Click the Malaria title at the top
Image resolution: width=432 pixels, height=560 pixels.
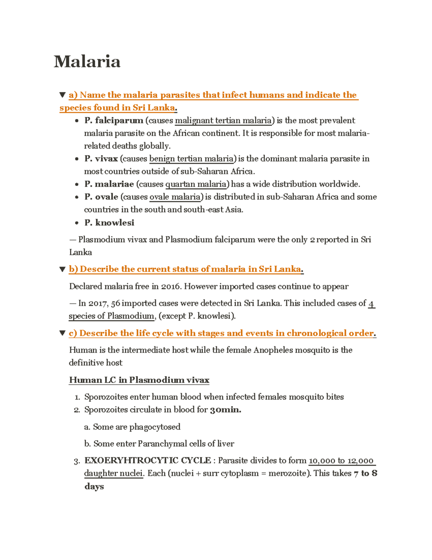pos(87,62)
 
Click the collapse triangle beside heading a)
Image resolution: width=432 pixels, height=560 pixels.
pos(62,95)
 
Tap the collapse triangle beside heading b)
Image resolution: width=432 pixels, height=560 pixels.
pos(62,269)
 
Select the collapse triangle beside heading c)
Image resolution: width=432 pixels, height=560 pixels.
pos(62,333)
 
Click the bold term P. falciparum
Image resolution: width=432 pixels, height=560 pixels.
pos(114,120)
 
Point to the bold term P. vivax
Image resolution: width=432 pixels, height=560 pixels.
pos(101,159)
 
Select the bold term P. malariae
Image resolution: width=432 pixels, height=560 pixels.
pos(109,184)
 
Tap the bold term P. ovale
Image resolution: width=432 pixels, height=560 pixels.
pos(101,197)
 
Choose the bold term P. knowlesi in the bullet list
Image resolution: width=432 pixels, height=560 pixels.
pos(109,223)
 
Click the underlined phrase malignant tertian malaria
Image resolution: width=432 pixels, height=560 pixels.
pos(223,120)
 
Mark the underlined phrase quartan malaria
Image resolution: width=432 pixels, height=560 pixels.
pos(196,184)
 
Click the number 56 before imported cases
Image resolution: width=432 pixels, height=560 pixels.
pos(116,303)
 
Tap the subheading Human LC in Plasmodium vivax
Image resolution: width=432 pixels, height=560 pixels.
pos(139,380)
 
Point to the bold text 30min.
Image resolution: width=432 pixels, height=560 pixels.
pos(225,410)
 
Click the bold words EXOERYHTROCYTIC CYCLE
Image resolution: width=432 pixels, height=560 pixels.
pos(148,460)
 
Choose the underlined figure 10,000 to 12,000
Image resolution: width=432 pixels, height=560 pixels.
pos(341,460)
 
